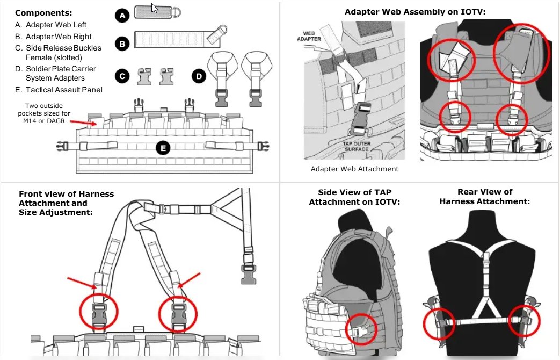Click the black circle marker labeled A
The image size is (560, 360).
tap(122, 16)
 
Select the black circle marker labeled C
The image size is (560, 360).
tap(122, 76)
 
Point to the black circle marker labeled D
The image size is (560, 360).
tap(199, 76)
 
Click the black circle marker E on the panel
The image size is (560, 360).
tap(163, 148)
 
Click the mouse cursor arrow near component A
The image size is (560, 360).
tap(154, 8)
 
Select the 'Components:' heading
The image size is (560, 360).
tap(43, 12)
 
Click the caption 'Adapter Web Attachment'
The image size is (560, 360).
tap(354, 169)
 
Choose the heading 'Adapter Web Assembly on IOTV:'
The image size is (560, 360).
tap(414, 11)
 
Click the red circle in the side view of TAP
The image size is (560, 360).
tap(358, 333)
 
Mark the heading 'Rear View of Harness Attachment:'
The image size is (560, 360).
tap(484, 197)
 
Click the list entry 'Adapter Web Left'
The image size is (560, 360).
tap(56, 25)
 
